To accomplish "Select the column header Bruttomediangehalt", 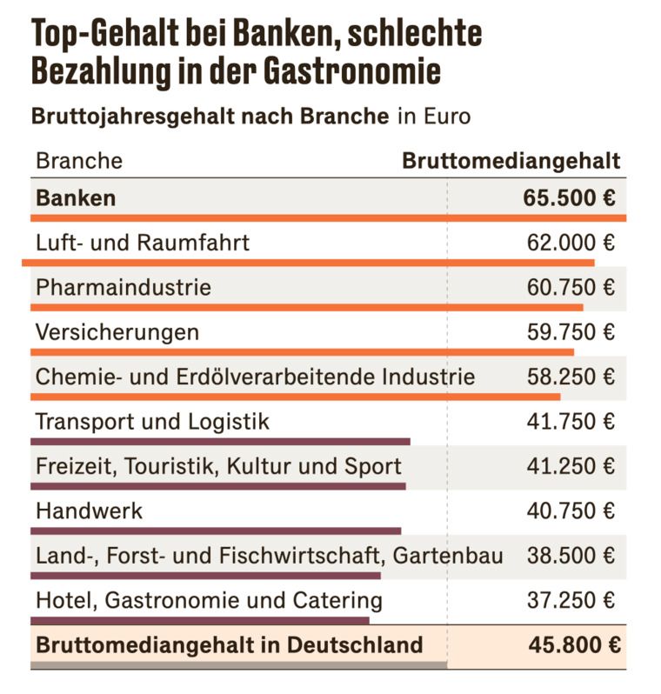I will [x=511, y=161].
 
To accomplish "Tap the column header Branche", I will [x=78, y=161].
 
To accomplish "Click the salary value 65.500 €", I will [x=570, y=197].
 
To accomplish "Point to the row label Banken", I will [x=76, y=197].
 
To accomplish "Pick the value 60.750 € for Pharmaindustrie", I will [x=571, y=287].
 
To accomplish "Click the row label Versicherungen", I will [x=117, y=332].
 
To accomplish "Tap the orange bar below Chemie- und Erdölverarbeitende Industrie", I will [x=296, y=397].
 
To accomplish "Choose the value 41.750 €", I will [x=571, y=422].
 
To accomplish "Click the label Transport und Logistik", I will [x=152, y=422].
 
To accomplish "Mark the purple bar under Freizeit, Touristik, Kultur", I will [x=217, y=486].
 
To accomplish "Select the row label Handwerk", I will [x=89, y=511].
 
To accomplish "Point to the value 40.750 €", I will [x=571, y=511].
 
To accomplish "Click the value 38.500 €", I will [x=571, y=556].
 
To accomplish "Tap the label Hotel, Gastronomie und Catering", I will [x=209, y=600].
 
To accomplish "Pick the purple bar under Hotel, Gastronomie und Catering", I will [x=200, y=621].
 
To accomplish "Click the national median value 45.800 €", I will [x=574, y=645].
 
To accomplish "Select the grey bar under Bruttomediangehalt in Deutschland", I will [x=239, y=666].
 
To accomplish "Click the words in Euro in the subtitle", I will [x=434, y=117].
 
